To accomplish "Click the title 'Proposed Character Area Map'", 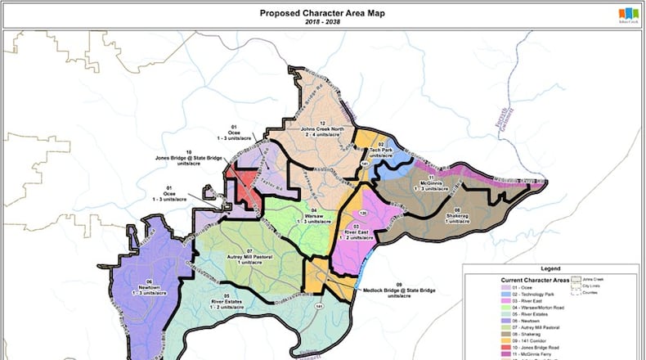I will coord(322,13).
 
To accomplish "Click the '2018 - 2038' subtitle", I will coord(322,23).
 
